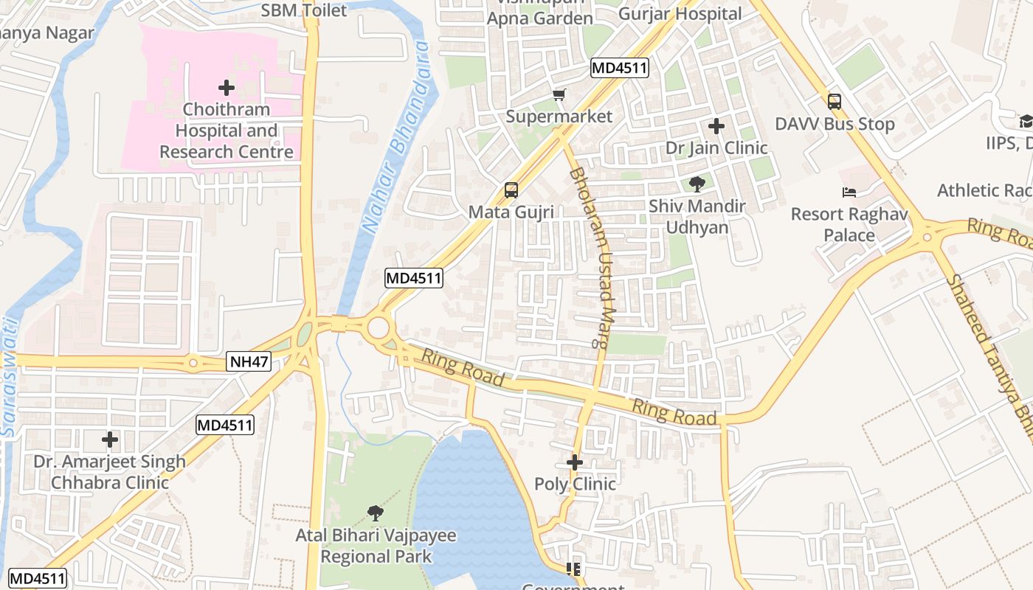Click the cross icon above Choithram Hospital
[227, 88]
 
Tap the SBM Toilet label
[303, 10]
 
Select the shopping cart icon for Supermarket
[559, 94]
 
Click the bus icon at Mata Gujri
[511, 190]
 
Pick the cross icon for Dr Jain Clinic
[716, 126]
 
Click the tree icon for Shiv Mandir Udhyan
[697, 184]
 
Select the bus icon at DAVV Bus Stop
[834, 102]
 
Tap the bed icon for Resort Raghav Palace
[849, 192]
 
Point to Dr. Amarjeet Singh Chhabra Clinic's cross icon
[110, 440]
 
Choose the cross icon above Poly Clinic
[575, 462]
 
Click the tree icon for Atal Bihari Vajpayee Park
[376, 513]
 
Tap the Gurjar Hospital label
[680, 13]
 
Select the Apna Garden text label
[540, 18]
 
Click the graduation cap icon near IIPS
[1026, 121]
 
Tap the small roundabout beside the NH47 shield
[193, 362]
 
